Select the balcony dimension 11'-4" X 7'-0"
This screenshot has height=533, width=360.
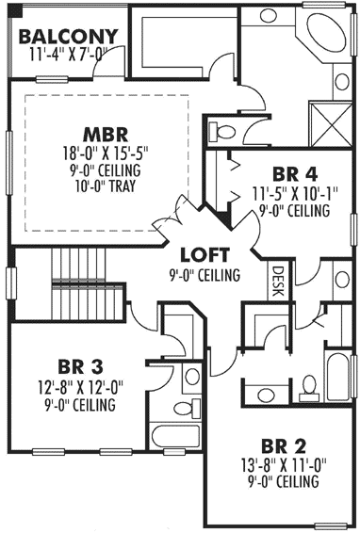click(x=65, y=54)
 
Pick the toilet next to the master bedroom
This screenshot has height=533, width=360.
click(x=223, y=131)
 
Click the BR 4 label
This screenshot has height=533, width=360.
click(x=292, y=173)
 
